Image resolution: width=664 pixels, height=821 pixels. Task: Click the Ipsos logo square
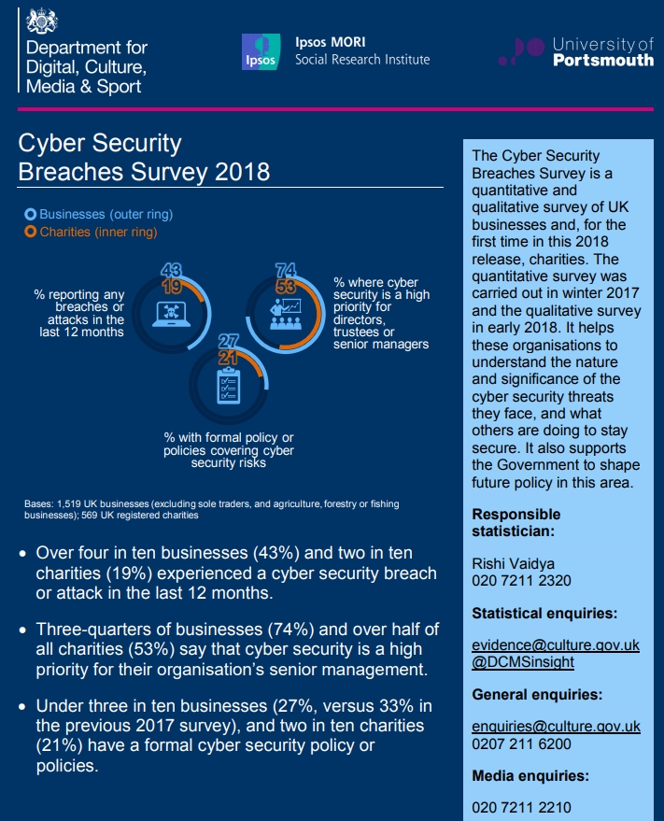(261, 51)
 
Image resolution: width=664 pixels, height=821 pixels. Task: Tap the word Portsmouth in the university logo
(603, 60)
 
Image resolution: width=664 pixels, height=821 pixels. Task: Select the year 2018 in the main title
(243, 172)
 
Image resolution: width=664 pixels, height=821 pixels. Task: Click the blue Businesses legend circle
(31, 214)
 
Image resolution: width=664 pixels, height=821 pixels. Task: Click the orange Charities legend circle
(31, 232)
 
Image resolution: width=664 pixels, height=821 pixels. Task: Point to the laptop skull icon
(171, 314)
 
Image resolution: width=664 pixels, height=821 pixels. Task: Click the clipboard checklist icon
(229, 386)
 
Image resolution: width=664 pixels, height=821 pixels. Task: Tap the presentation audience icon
(286, 314)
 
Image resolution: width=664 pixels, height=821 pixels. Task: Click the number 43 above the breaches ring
(171, 270)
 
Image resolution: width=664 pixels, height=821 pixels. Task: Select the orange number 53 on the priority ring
(286, 287)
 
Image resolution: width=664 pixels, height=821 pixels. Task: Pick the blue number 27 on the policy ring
(229, 342)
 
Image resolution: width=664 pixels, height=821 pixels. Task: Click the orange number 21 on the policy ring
(228, 358)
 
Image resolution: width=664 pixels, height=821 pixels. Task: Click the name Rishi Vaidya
(514, 564)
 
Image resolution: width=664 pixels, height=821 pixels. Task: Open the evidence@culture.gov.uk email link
(556, 645)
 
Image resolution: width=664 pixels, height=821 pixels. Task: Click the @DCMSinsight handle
(523, 662)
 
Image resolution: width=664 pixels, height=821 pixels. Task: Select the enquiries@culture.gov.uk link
(556, 727)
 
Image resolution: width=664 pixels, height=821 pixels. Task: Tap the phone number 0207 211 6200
(521, 744)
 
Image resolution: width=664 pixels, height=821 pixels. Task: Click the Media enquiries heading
(530, 776)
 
